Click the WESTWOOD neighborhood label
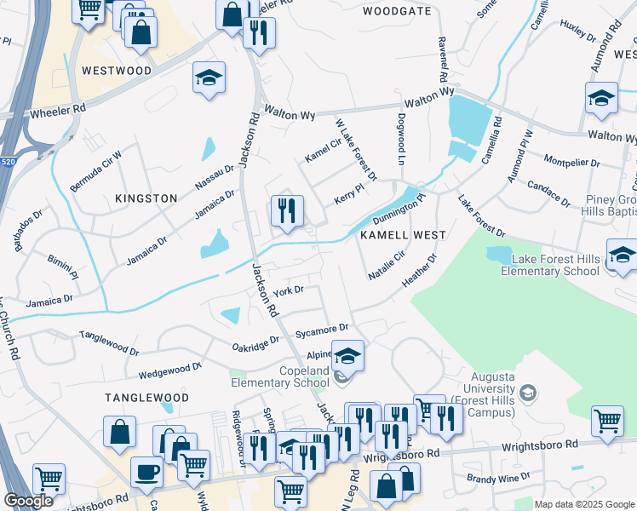(x=117, y=71)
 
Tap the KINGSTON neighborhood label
(x=146, y=198)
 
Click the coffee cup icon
(x=147, y=471)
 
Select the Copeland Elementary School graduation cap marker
(x=347, y=355)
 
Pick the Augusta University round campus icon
(x=528, y=393)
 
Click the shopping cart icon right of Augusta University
(x=607, y=421)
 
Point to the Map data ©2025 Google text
(x=583, y=504)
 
